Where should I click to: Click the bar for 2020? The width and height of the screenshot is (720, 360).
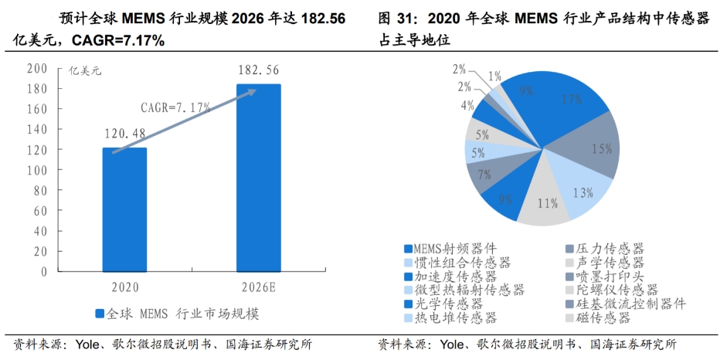pos(124,209)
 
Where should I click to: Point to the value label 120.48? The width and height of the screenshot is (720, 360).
pos(124,134)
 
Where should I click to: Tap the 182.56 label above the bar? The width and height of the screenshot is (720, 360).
pos(258,70)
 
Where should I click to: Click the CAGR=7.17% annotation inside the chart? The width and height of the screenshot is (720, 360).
pos(175,106)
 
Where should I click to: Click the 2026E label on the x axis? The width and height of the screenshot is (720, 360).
pos(258,287)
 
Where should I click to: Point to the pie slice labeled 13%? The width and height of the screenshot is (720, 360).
pos(581,193)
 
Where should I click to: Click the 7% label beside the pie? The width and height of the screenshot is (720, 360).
pos(484,175)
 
